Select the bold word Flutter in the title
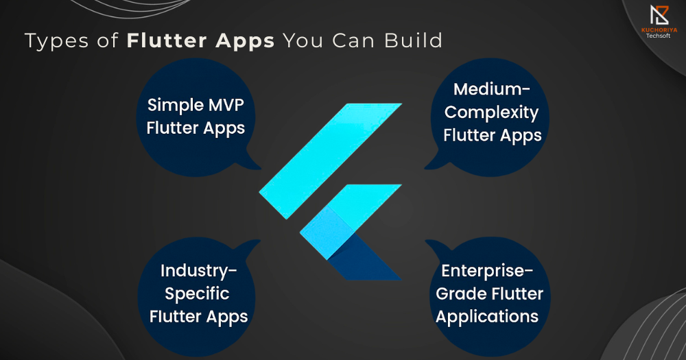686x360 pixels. click(167, 40)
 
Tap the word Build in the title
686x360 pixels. click(414, 40)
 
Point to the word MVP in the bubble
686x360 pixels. click(226, 105)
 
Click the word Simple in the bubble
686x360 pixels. click(175, 106)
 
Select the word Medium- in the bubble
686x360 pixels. click(492, 89)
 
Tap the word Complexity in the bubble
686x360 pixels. click(491, 113)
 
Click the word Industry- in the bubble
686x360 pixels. click(199, 272)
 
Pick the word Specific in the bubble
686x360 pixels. click(197, 294)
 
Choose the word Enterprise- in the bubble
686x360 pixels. click(487, 272)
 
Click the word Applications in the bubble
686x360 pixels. click(487, 317)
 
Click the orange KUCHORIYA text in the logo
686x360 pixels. click(659, 30)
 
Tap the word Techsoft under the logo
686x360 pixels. click(659, 36)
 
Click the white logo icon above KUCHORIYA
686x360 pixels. click(659, 15)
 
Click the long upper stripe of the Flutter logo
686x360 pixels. click(331, 161)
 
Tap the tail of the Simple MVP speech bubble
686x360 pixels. click(250, 163)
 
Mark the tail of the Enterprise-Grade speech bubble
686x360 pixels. click(436, 246)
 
